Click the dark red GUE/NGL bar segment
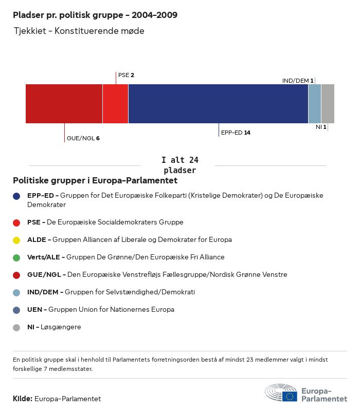(x=64, y=104)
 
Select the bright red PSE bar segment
(x=115, y=104)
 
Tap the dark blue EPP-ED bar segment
(x=218, y=104)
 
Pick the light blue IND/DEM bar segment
(x=315, y=104)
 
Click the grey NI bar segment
(x=328, y=104)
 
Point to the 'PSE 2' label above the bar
(x=126, y=75)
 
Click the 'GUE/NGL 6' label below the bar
(x=83, y=138)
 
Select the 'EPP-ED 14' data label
(x=236, y=133)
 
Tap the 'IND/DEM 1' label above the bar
(x=298, y=81)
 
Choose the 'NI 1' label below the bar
(x=321, y=127)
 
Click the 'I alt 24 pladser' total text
(x=179, y=165)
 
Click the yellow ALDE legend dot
(x=16, y=240)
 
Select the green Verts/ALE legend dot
(x=16, y=257)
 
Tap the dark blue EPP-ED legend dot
(x=16, y=196)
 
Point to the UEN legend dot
(x=16, y=310)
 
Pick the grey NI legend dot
(x=16, y=327)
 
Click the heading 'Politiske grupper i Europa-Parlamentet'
(x=95, y=181)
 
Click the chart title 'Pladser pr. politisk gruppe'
(x=95, y=15)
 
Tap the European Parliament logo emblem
(x=281, y=394)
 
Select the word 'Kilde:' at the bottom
(x=23, y=399)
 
